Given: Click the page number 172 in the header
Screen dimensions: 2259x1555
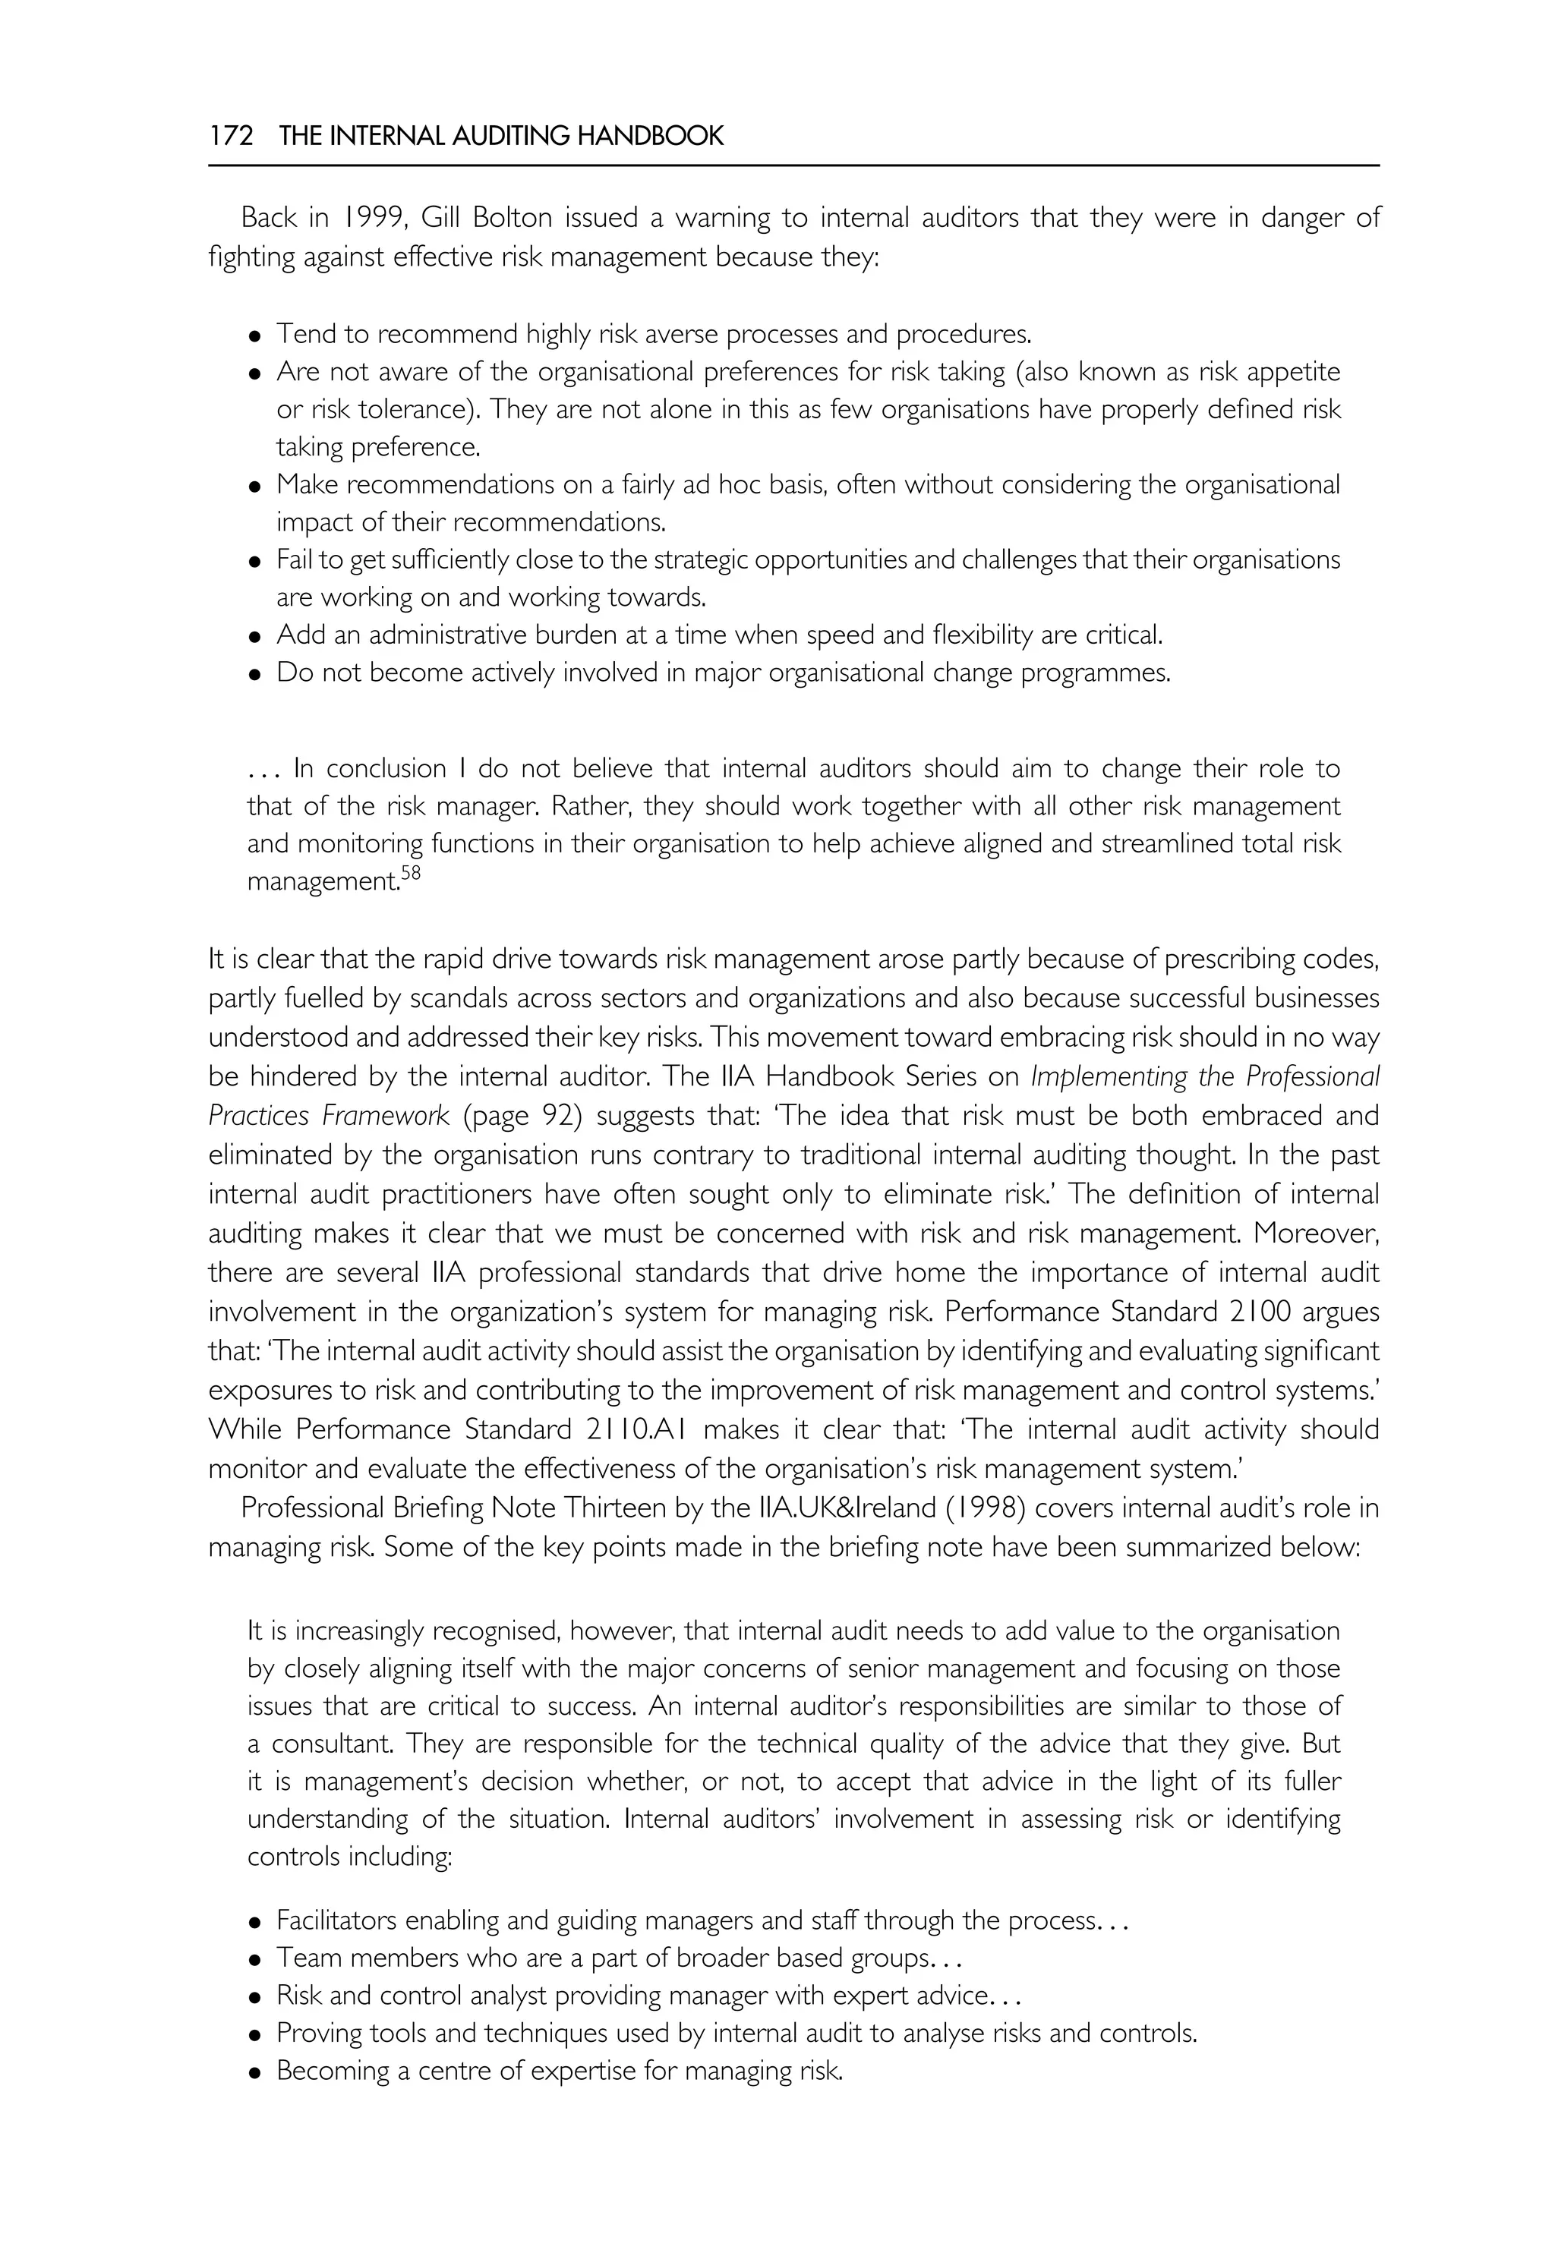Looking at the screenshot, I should pos(231,137).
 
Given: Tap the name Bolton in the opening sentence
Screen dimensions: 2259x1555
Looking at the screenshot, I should pos(512,217).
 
